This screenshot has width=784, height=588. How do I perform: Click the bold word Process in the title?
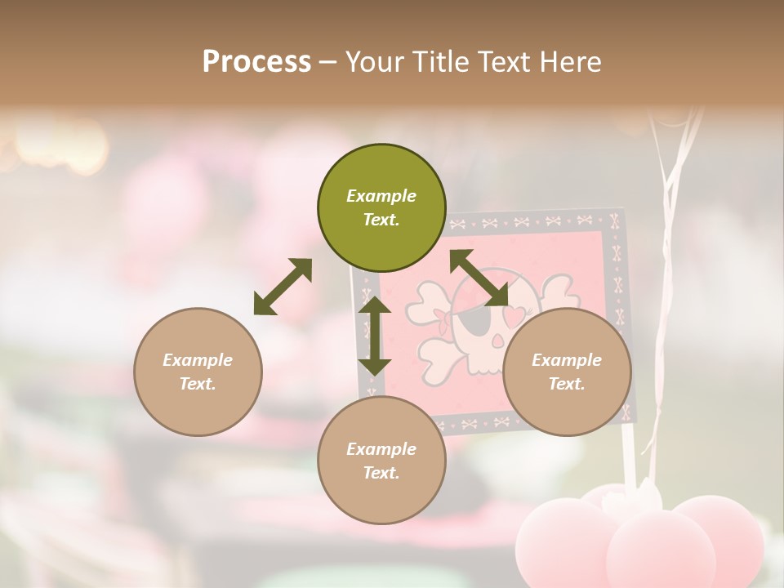pyautogui.click(x=256, y=61)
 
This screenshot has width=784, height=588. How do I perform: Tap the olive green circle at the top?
pyautogui.click(x=381, y=207)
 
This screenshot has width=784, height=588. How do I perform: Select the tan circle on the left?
pyautogui.click(x=198, y=372)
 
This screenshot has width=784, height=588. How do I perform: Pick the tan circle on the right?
pyautogui.click(x=567, y=372)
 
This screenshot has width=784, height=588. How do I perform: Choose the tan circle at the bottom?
pyautogui.click(x=381, y=460)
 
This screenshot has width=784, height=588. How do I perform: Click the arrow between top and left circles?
pyautogui.click(x=283, y=287)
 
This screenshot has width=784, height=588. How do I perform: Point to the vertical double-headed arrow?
pyautogui.click(x=375, y=336)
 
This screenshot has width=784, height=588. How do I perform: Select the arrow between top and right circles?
pyautogui.click(x=479, y=278)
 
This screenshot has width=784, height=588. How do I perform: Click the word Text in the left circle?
pyautogui.click(x=198, y=384)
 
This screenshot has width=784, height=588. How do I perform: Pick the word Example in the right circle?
pyautogui.click(x=567, y=360)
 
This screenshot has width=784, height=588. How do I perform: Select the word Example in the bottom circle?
pyautogui.click(x=381, y=449)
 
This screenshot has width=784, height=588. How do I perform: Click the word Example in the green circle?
pyautogui.click(x=381, y=196)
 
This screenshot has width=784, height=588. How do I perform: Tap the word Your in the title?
pyautogui.click(x=373, y=61)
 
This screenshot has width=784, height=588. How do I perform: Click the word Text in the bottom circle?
pyautogui.click(x=381, y=473)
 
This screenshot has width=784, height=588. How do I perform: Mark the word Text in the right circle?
pyautogui.click(x=567, y=384)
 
